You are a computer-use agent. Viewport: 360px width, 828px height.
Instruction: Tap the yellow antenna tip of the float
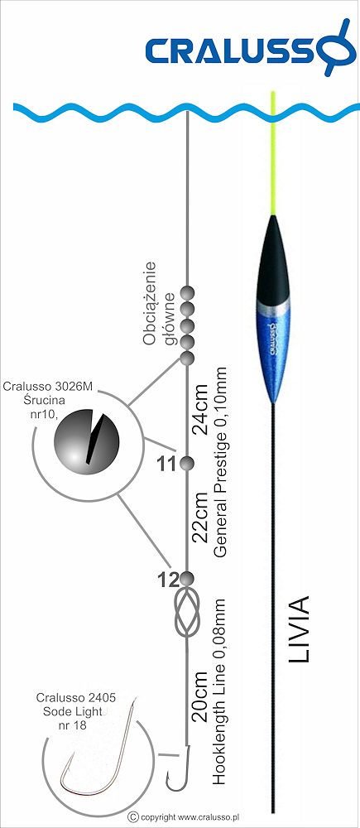[x=273, y=153]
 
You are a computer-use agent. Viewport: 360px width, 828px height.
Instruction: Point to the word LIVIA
[x=299, y=629]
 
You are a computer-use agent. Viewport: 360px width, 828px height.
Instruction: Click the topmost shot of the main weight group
[x=187, y=292]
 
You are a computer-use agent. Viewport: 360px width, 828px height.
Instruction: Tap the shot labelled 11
[x=187, y=464]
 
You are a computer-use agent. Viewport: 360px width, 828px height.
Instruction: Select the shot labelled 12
[x=186, y=579]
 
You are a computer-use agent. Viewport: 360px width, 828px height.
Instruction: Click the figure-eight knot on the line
[x=187, y=613]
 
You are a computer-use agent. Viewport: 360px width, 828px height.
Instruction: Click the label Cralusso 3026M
[x=47, y=386]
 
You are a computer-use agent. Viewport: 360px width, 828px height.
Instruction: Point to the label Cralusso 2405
[x=76, y=697]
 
